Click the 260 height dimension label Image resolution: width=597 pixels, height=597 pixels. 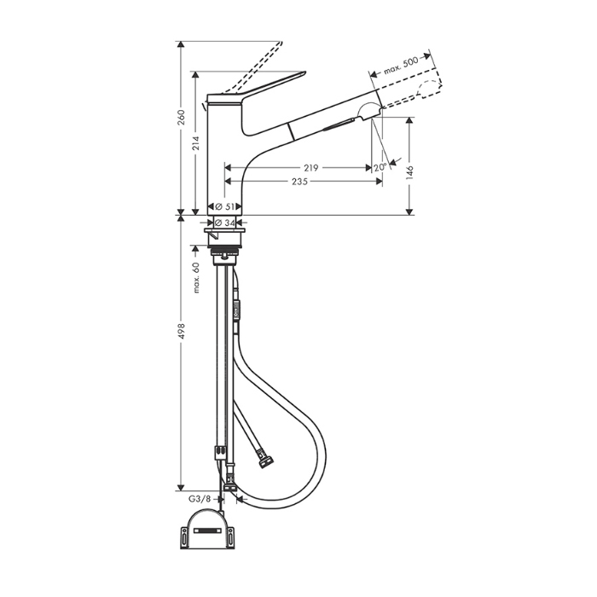(181, 118)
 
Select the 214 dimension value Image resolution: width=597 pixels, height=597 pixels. (195, 142)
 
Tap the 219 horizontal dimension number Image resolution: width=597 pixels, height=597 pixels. (310, 167)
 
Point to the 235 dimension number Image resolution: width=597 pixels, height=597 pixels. (299, 182)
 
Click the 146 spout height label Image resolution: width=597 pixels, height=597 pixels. (409, 172)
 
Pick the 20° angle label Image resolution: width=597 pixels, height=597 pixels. (380, 167)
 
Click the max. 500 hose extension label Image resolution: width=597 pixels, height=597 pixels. (401, 66)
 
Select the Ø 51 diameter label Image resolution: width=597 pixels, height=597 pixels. (224, 206)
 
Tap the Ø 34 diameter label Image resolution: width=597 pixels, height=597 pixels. (224, 223)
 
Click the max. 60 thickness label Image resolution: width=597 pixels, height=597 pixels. (196, 277)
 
